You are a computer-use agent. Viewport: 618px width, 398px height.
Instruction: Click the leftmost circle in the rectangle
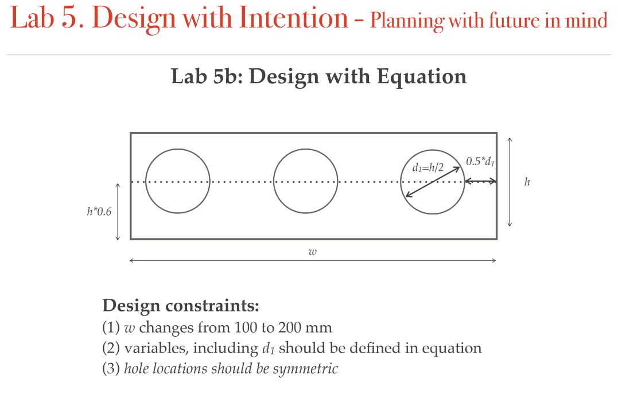pos(178,181)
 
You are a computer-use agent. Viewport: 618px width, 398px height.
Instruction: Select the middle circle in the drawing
pos(306,181)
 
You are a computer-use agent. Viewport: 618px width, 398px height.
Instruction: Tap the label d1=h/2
pos(428,168)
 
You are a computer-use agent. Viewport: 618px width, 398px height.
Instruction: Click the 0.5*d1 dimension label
pos(480,161)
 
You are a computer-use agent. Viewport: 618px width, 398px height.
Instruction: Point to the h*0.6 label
pos(99,212)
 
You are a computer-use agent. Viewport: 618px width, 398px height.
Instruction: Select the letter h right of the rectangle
pos(527,182)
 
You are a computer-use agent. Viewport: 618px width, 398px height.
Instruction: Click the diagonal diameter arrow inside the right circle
pos(433,182)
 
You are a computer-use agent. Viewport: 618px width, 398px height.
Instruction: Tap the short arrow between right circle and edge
pos(481,181)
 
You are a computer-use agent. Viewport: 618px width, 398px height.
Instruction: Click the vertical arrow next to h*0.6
pos(118,212)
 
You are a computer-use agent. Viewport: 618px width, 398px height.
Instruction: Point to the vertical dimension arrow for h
pos(510,182)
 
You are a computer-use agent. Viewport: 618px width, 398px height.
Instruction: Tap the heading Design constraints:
pos(180,305)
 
